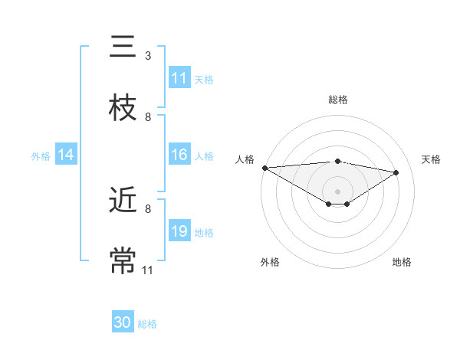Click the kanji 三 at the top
pyautogui.click(x=123, y=47)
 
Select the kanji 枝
pyautogui.click(x=123, y=108)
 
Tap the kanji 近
pyautogui.click(x=123, y=200)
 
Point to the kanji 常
pyautogui.click(x=123, y=260)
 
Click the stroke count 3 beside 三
pyautogui.click(x=148, y=56)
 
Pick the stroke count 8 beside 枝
pyautogui.click(x=148, y=117)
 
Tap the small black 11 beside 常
pyautogui.click(x=148, y=270)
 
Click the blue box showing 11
pyautogui.click(x=179, y=78)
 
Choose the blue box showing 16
pyautogui.click(x=179, y=155)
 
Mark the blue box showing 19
pyautogui.click(x=179, y=231)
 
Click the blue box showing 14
pyautogui.click(x=66, y=155)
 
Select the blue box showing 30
pyautogui.click(x=123, y=323)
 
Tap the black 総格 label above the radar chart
pyautogui.click(x=338, y=100)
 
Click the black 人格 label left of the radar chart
pyautogui.click(x=245, y=159)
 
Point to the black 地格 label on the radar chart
pyautogui.click(x=402, y=262)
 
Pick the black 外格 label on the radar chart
pyautogui.click(x=270, y=262)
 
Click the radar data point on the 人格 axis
pyautogui.click(x=264, y=168)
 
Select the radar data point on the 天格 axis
pyautogui.click(x=396, y=172)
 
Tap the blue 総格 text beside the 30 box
pyautogui.click(x=147, y=324)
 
